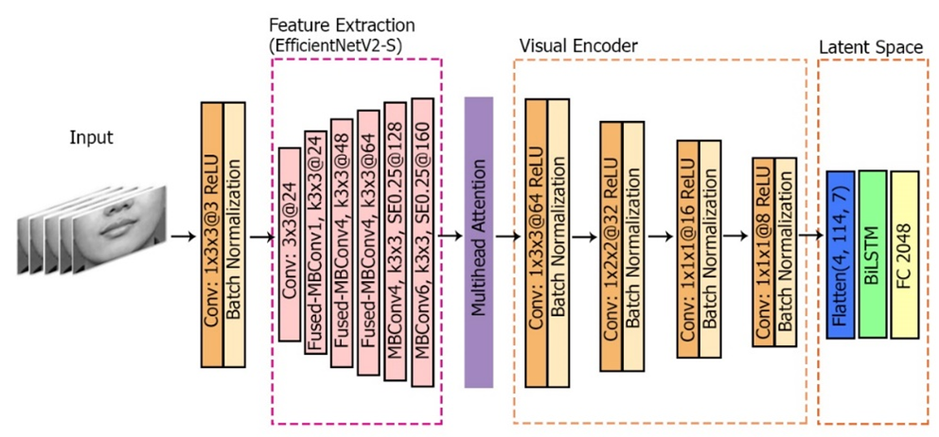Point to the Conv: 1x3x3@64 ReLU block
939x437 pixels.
click(537, 240)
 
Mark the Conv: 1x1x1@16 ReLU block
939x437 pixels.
click(688, 248)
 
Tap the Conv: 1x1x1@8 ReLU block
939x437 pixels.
click(763, 251)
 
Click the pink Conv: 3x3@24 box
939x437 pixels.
click(291, 243)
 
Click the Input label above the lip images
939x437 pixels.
click(92, 138)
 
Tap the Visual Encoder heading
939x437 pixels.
click(579, 44)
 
